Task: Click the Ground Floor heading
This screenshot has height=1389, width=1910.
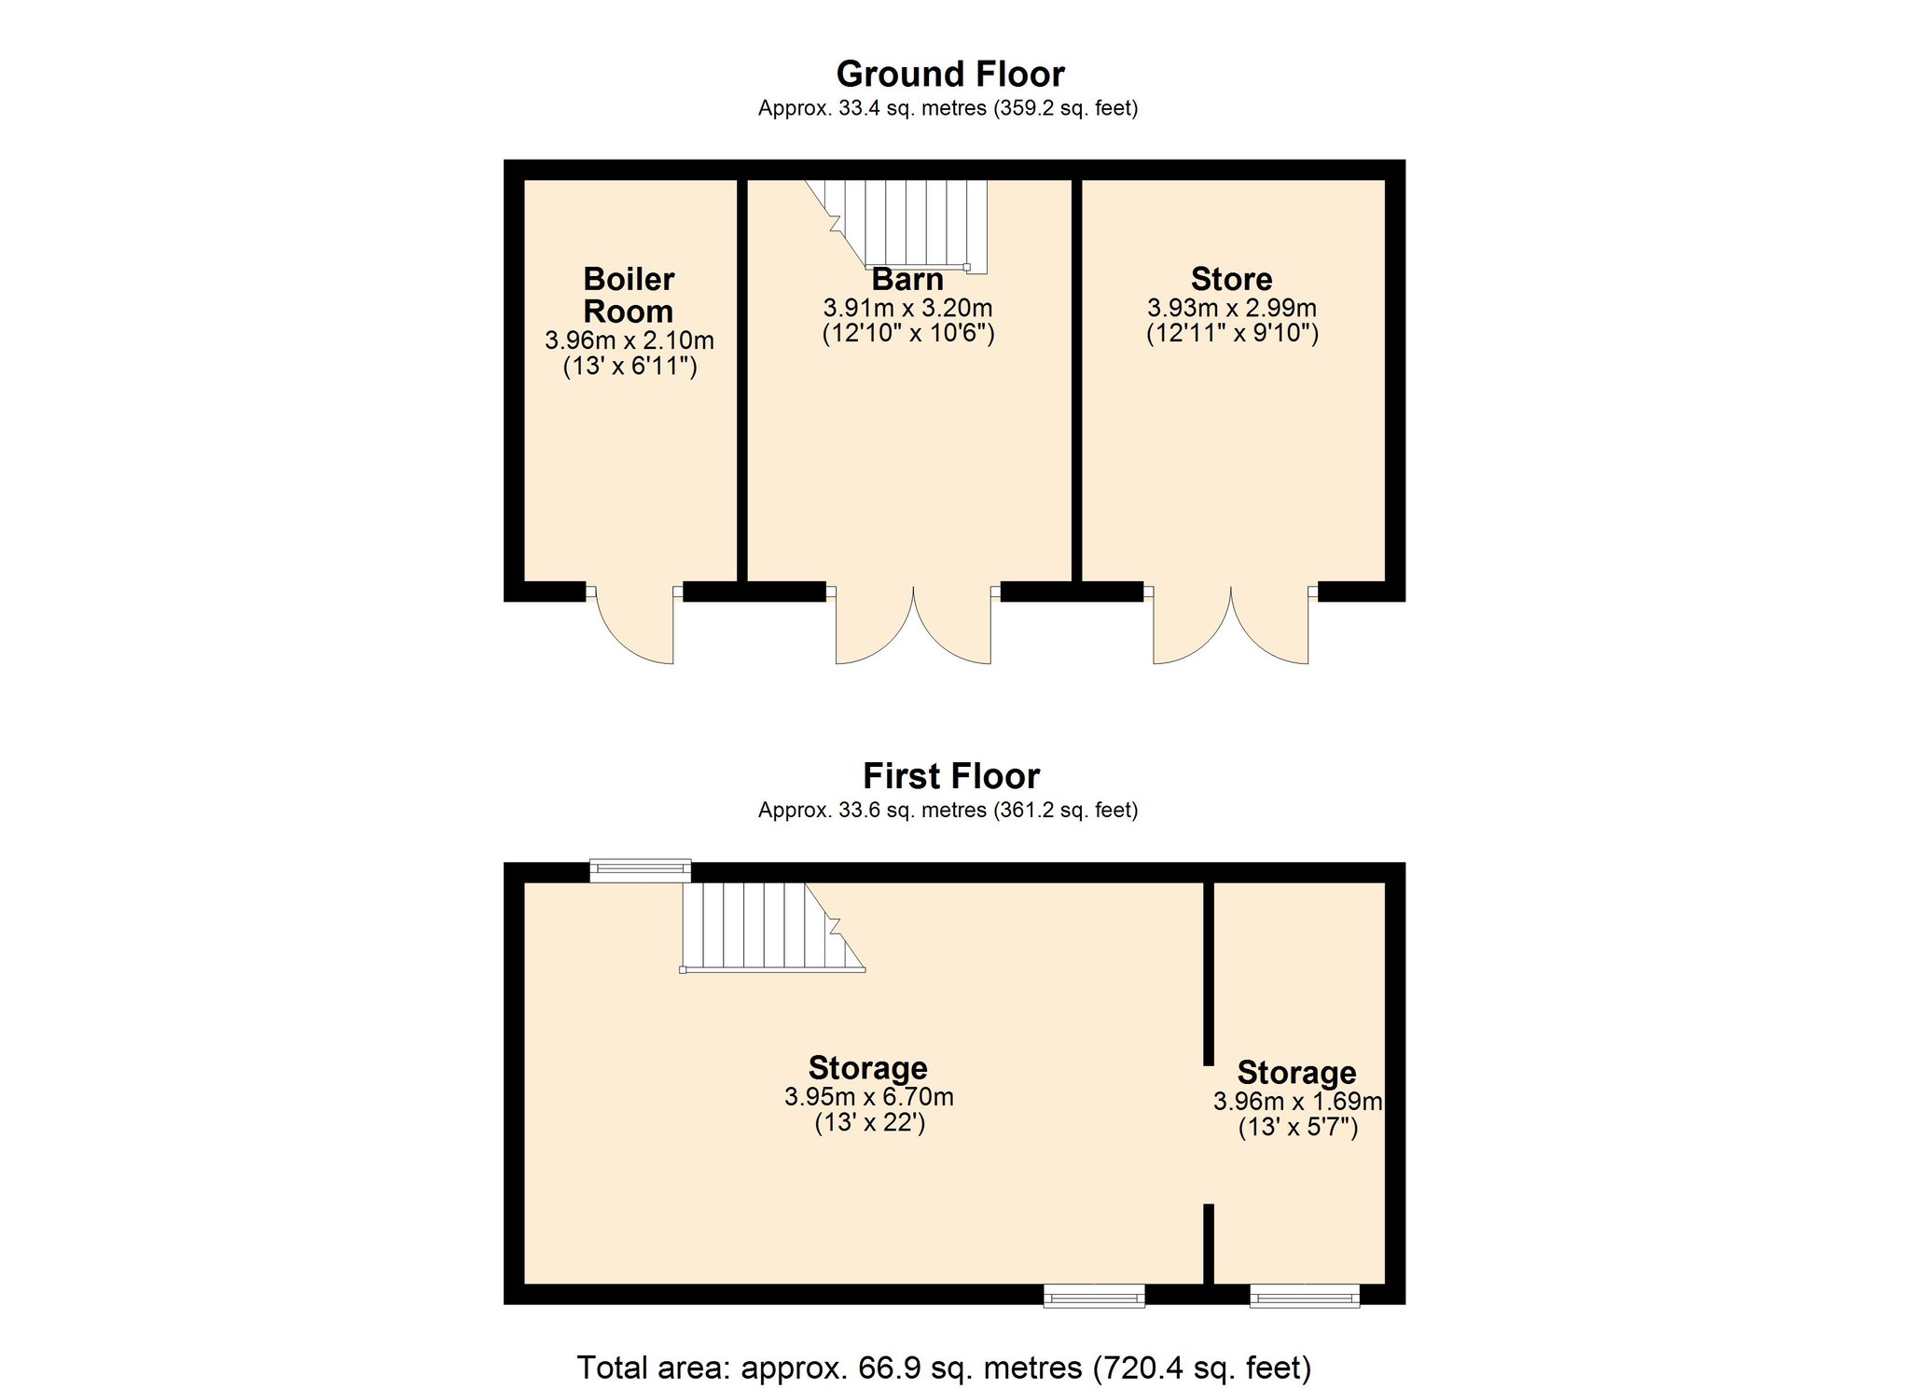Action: [949, 74]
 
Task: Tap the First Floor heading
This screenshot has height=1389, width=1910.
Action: [950, 776]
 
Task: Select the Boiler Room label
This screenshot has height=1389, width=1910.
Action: [629, 295]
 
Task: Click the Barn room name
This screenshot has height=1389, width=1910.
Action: [907, 279]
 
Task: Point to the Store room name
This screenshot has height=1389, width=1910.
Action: [1231, 279]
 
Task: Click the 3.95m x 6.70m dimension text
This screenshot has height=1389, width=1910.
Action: [869, 1097]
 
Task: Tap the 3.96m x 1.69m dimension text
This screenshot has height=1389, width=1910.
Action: [1297, 1102]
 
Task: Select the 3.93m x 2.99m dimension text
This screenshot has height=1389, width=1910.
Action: [1232, 308]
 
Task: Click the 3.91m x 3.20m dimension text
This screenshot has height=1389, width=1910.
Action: [907, 308]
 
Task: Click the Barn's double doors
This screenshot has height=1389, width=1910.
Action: [913, 624]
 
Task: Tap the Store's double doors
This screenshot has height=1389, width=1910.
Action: [1231, 624]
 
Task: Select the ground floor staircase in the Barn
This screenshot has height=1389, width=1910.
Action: [895, 224]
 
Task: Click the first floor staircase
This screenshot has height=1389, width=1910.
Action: [773, 927]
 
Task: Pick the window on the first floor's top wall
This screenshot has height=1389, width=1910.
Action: [641, 870]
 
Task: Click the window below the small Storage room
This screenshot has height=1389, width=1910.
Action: [1305, 1296]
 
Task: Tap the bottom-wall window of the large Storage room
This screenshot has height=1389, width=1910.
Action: [1094, 1296]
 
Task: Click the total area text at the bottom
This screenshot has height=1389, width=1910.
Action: [944, 1368]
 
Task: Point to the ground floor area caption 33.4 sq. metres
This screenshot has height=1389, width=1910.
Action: [948, 108]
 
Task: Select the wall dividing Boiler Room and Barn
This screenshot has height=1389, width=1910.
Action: [742, 381]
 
